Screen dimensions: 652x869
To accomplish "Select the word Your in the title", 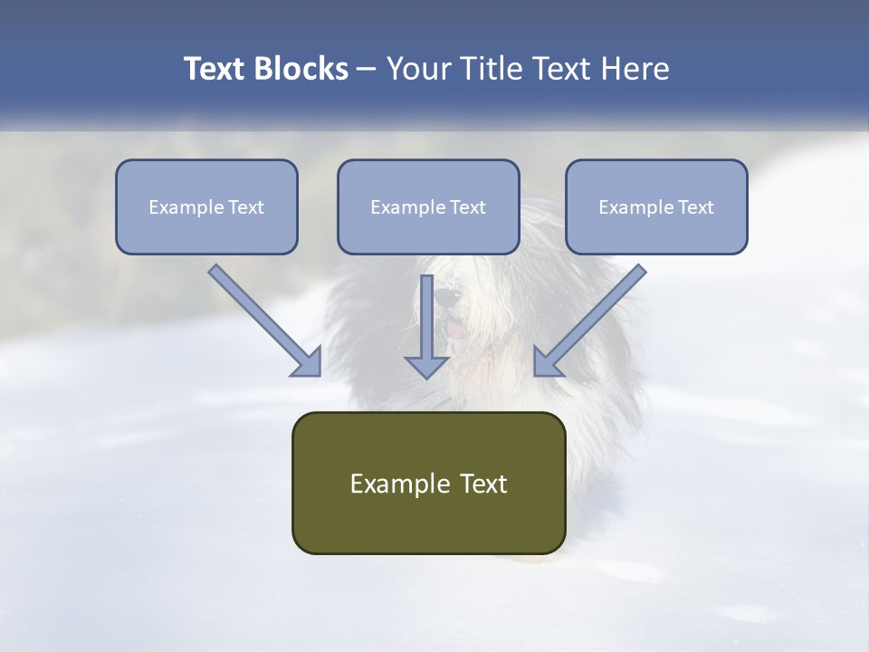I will [x=416, y=69].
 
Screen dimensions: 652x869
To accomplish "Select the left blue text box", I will [x=206, y=206].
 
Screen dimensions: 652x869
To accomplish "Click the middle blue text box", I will [x=428, y=206].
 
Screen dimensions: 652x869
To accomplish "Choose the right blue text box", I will [x=656, y=206].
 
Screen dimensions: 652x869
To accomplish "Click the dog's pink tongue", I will [x=456, y=329].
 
